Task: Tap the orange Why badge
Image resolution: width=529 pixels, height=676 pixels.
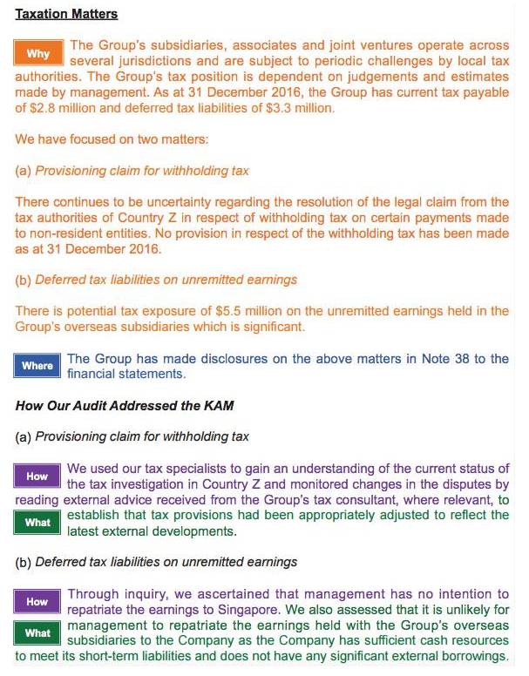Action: pyautogui.click(x=37, y=54)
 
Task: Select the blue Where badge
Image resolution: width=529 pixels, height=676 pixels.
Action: pyautogui.click(x=37, y=366)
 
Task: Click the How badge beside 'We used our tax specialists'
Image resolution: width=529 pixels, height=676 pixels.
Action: pyautogui.click(x=37, y=477)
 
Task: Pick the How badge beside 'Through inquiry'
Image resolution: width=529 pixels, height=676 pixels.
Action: pyautogui.click(x=37, y=601)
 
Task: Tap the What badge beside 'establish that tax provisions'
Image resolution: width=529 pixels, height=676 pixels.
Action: pyautogui.click(x=37, y=523)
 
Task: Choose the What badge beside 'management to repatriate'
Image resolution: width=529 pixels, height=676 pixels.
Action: pyautogui.click(x=37, y=633)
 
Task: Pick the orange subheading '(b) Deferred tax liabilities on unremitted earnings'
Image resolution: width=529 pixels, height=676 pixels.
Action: pyautogui.click(x=157, y=280)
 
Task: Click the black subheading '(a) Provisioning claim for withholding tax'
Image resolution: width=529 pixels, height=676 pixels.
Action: pyautogui.click(x=132, y=436)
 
